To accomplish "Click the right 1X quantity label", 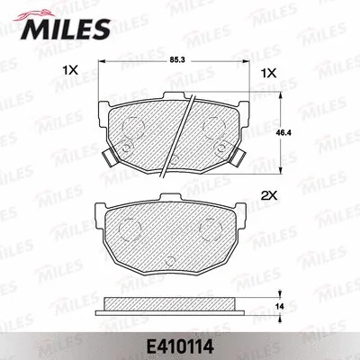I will point(266,70).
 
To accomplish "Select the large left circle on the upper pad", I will point(132,125).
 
